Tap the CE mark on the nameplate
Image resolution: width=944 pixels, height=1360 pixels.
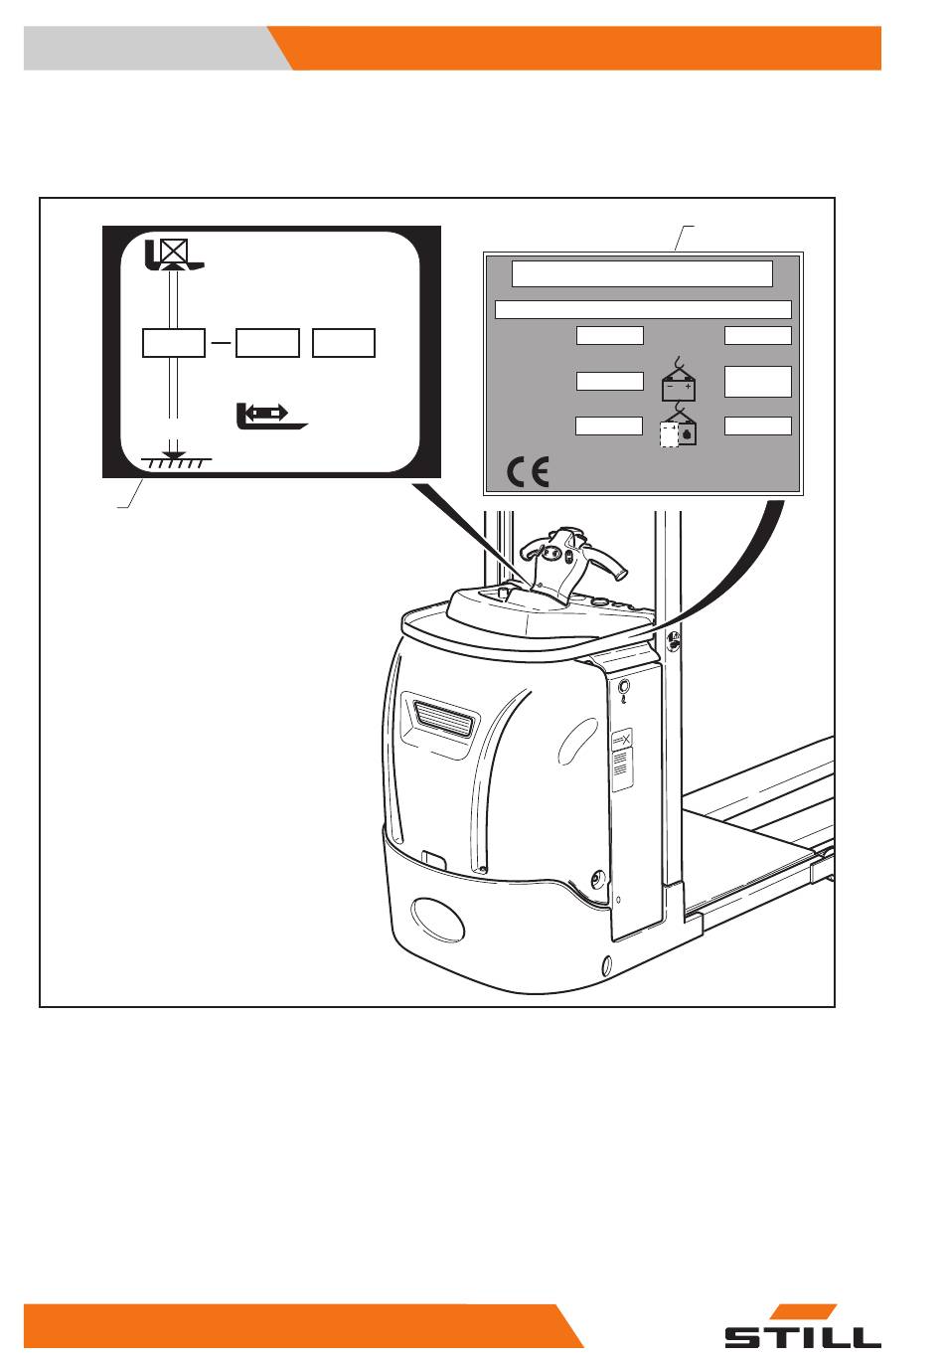click(x=528, y=472)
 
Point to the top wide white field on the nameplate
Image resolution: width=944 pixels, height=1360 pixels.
click(x=642, y=273)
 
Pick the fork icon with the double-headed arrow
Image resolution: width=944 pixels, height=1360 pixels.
click(x=270, y=416)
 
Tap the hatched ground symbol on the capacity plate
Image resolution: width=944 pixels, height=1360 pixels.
click(x=176, y=462)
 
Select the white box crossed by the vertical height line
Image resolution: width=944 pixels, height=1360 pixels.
click(x=174, y=343)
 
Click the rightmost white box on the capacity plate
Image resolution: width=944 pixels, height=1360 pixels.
click(x=344, y=343)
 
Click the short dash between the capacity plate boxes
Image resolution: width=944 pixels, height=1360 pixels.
click(x=221, y=343)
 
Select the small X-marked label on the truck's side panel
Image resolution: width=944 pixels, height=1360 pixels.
click(x=622, y=739)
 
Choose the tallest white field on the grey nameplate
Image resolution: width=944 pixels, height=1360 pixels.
click(x=758, y=382)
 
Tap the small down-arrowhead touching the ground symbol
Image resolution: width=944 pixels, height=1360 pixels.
click(x=174, y=454)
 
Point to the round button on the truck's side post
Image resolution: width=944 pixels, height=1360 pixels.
click(x=622, y=687)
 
